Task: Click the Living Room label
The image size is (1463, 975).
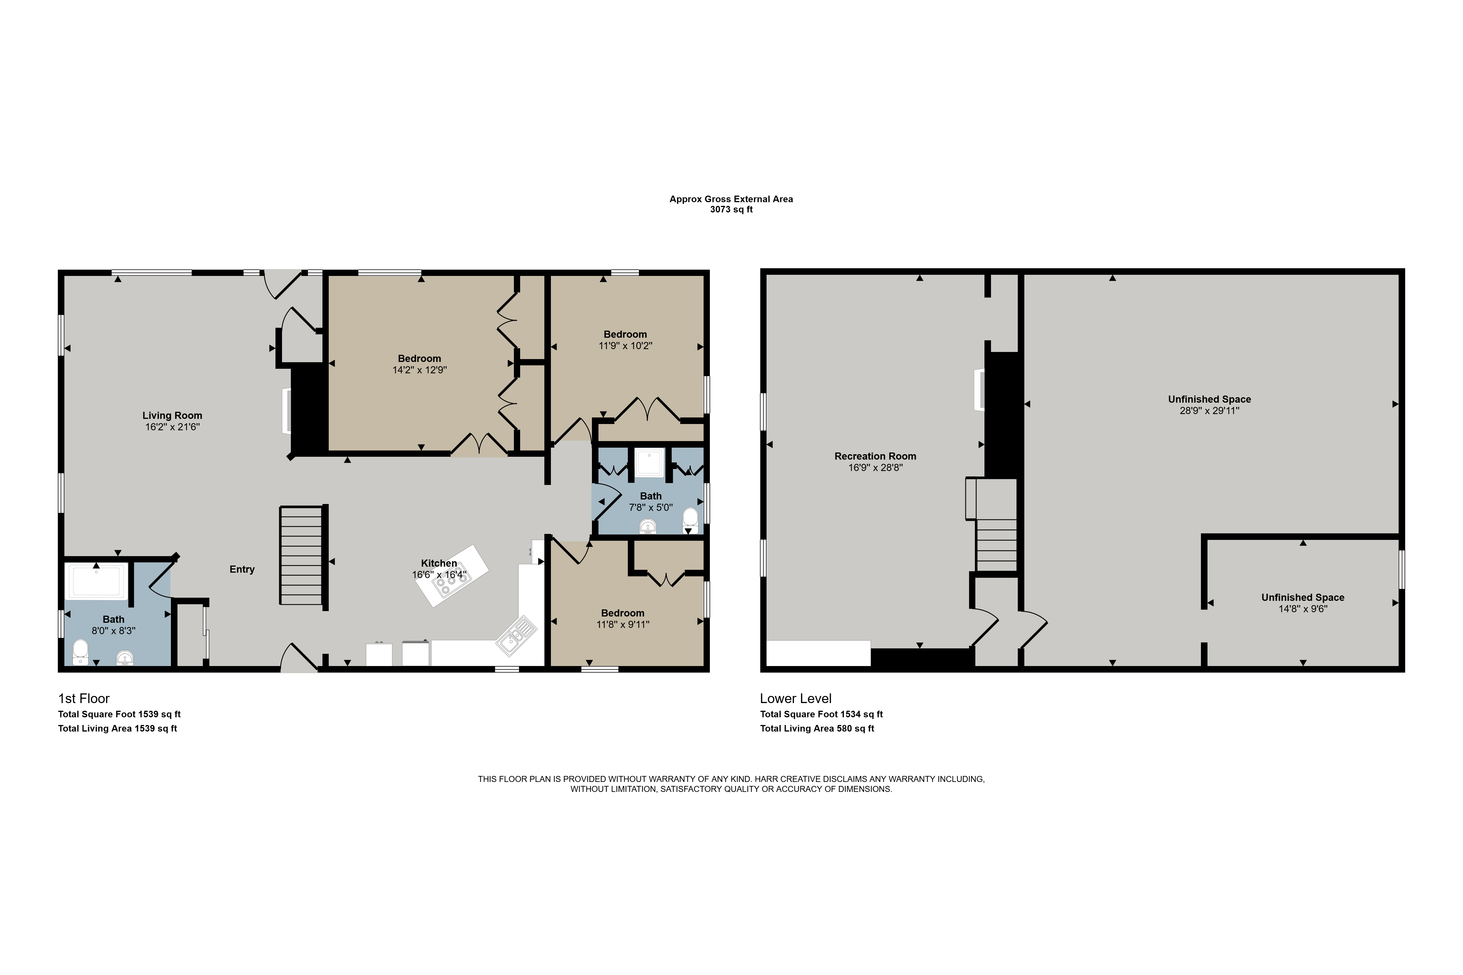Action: pos(172,415)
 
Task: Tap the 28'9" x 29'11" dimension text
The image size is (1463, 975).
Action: pos(1209,410)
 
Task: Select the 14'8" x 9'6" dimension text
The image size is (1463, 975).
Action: pos(1303,609)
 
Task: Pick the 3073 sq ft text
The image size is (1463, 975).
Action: pos(731,210)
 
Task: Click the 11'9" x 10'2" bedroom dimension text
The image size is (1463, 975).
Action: pos(625,346)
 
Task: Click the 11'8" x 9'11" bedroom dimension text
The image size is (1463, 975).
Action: pos(623,624)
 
